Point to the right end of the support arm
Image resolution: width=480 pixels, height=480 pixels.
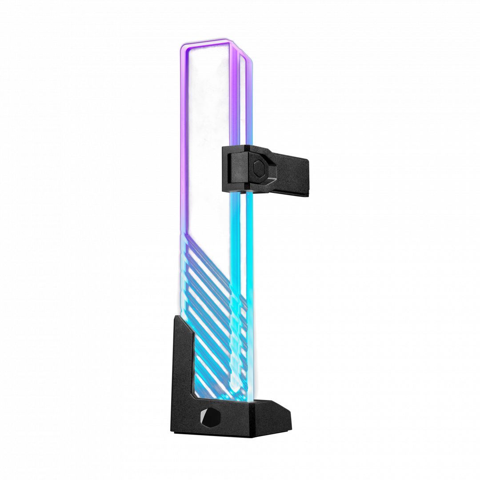coord(307,173)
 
